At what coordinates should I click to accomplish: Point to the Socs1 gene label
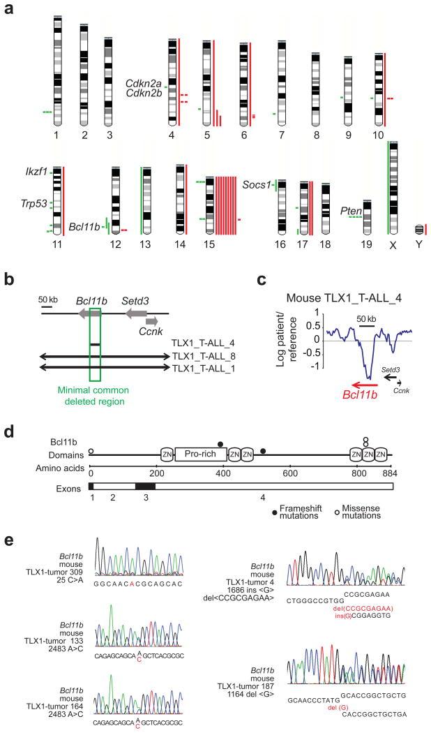[x=255, y=185]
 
